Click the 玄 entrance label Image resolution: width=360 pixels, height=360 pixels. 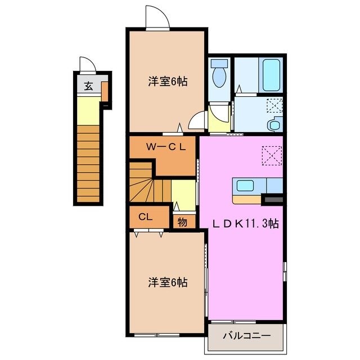click(x=88, y=86)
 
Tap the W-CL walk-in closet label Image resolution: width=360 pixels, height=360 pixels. click(x=166, y=147)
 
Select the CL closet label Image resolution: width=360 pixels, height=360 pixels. click(x=145, y=217)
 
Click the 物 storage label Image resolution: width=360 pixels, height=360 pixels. click(x=182, y=222)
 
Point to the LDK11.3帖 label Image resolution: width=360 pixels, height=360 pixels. click(x=246, y=223)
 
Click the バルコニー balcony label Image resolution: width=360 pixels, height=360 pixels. click(x=247, y=336)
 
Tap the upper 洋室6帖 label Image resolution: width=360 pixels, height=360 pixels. click(x=168, y=82)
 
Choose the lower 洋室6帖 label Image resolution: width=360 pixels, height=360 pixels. click(x=168, y=282)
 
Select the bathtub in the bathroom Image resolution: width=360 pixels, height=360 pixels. click(x=271, y=75)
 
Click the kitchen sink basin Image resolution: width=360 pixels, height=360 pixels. click(x=245, y=186)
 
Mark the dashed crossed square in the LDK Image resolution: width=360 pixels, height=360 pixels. click(x=272, y=156)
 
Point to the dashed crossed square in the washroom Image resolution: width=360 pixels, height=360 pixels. click(x=274, y=106)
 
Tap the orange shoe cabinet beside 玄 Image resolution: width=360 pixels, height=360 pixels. click(x=105, y=92)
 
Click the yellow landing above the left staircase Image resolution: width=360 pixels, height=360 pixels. click(x=88, y=111)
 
